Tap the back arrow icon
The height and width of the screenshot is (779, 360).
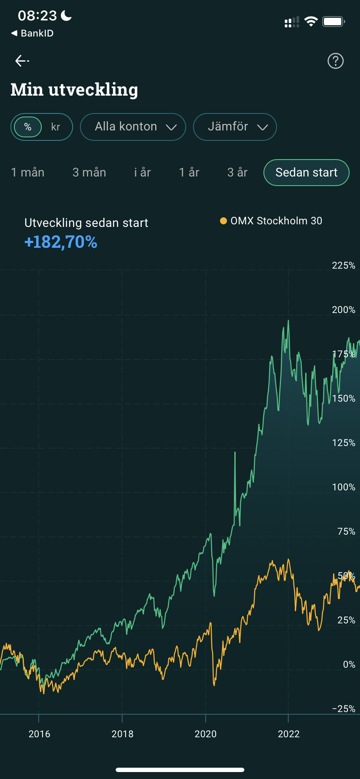tap(22, 61)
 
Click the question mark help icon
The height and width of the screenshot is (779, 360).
tap(335, 61)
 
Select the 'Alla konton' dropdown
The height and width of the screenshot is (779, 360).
tap(133, 127)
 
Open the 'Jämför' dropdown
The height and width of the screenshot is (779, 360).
tap(235, 127)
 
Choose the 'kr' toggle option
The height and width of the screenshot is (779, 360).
tap(56, 127)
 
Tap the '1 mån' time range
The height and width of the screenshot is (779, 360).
tap(28, 173)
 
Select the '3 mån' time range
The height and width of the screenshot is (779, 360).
tap(89, 173)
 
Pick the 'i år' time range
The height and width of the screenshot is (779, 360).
tap(143, 173)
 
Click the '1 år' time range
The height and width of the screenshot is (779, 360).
tap(189, 173)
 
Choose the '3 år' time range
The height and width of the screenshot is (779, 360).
tap(237, 173)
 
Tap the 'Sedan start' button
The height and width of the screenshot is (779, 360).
tap(306, 173)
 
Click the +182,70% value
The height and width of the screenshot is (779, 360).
tap(61, 242)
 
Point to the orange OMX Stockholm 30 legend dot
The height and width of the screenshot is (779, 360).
tap(223, 221)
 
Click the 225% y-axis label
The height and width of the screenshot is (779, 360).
tap(343, 266)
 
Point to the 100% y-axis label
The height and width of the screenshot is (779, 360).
tap(343, 487)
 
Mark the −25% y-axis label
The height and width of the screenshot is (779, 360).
tap(343, 709)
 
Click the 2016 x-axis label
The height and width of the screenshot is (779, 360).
tap(39, 734)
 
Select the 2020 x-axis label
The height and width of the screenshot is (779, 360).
tap(205, 734)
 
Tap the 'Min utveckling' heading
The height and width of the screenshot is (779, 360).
tap(74, 90)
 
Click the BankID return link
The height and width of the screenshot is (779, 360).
tap(33, 33)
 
